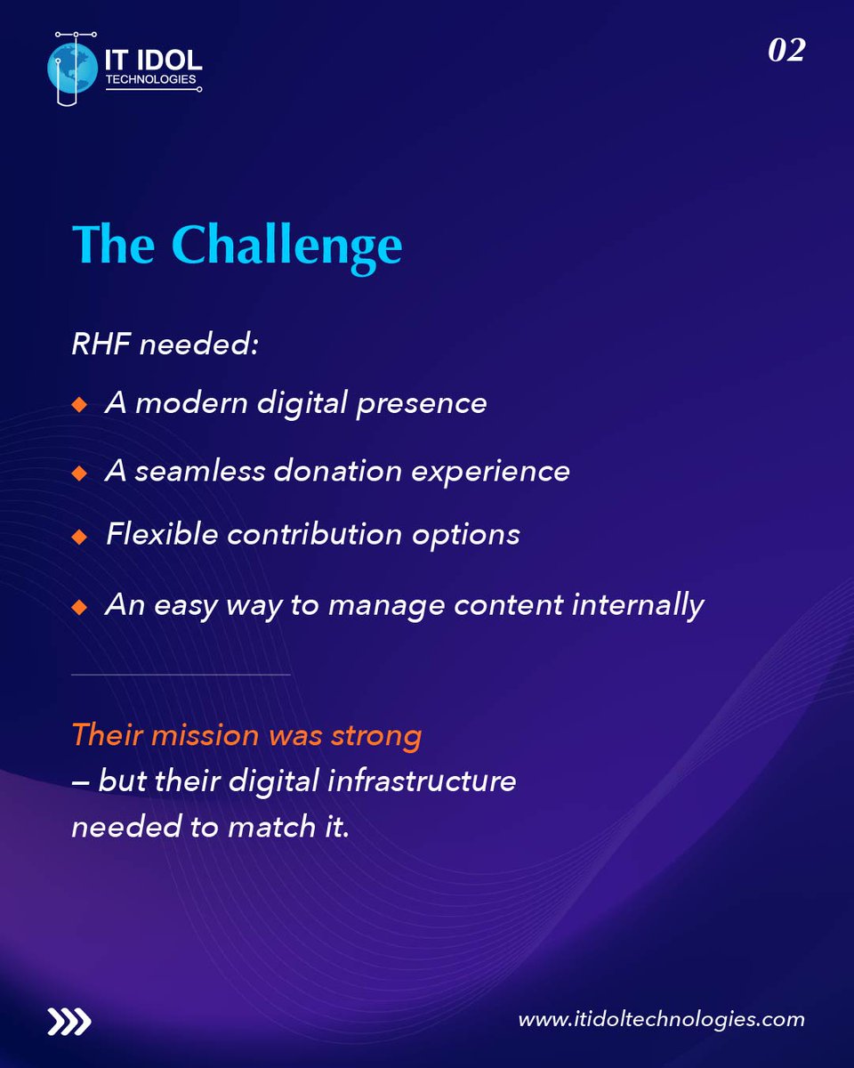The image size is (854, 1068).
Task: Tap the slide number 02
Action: pos(786,50)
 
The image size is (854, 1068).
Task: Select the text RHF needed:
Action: pos(165,344)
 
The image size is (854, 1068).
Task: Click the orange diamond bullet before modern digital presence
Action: pos(79,405)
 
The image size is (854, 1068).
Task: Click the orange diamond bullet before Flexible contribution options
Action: pos(79,537)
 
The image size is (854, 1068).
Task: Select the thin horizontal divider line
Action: pos(181,675)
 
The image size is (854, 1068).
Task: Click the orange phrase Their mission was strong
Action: pos(246,735)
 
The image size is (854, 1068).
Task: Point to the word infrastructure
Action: pos(422,781)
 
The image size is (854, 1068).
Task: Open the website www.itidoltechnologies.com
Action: pos(661,1020)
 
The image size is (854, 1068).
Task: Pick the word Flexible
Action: pos(161,534)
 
